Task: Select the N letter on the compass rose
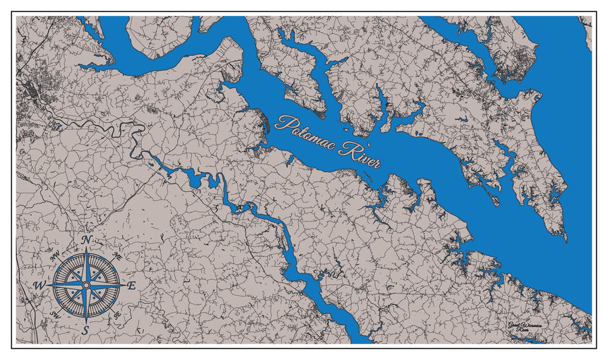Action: click(x=86, y=240)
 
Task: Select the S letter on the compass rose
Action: click(x=86, y=330)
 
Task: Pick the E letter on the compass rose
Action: click(x=132, y=286)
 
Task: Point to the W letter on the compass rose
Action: click(x=40, y=286)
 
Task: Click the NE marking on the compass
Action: click(x=117, y=257)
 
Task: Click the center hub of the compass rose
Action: click(x=86, y=286)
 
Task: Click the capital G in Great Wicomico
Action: click(x=512, y=326)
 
